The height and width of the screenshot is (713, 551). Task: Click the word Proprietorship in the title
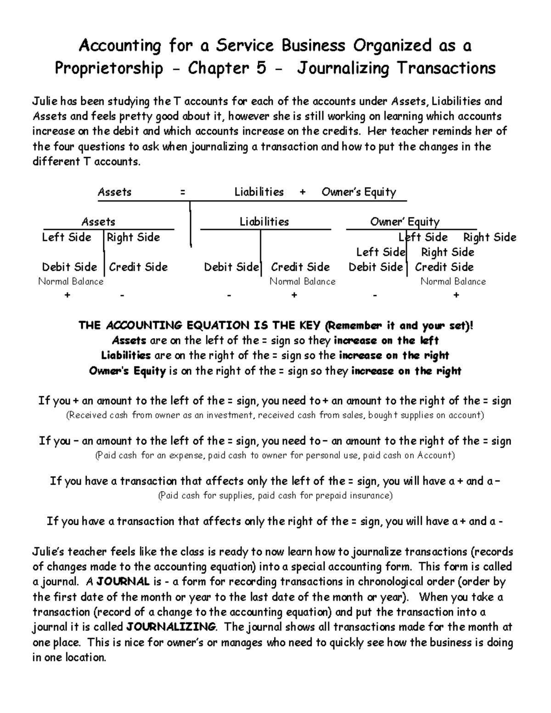coord(109,68)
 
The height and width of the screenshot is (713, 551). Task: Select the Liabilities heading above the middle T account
coord(264,222)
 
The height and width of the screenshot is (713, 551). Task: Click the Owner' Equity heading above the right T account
coord(405,222)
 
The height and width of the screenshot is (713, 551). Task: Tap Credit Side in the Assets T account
coord(138,267)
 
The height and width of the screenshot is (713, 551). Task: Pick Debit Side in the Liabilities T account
coord(231,267)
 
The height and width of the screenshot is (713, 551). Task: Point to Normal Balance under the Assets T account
coord(71,281)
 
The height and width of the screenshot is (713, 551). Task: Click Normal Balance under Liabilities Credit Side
coord(302,281)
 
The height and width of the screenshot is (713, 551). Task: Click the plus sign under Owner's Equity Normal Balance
coord(456,295)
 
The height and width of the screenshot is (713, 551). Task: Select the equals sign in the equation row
coord(183,192)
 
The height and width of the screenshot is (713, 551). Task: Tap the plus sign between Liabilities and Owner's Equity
coord(302,192)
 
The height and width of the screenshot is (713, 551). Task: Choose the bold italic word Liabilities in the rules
coord(126,355)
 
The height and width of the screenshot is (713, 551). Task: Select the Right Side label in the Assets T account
coord(133,237)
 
